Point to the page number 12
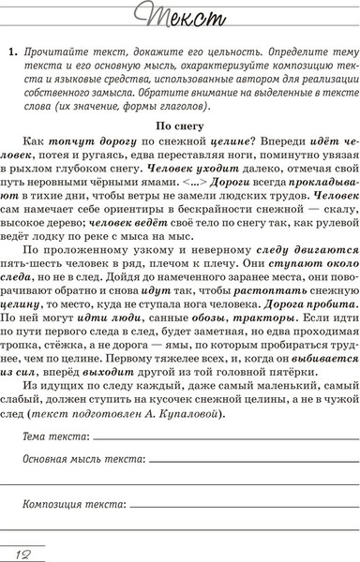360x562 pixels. click(16, 549)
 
